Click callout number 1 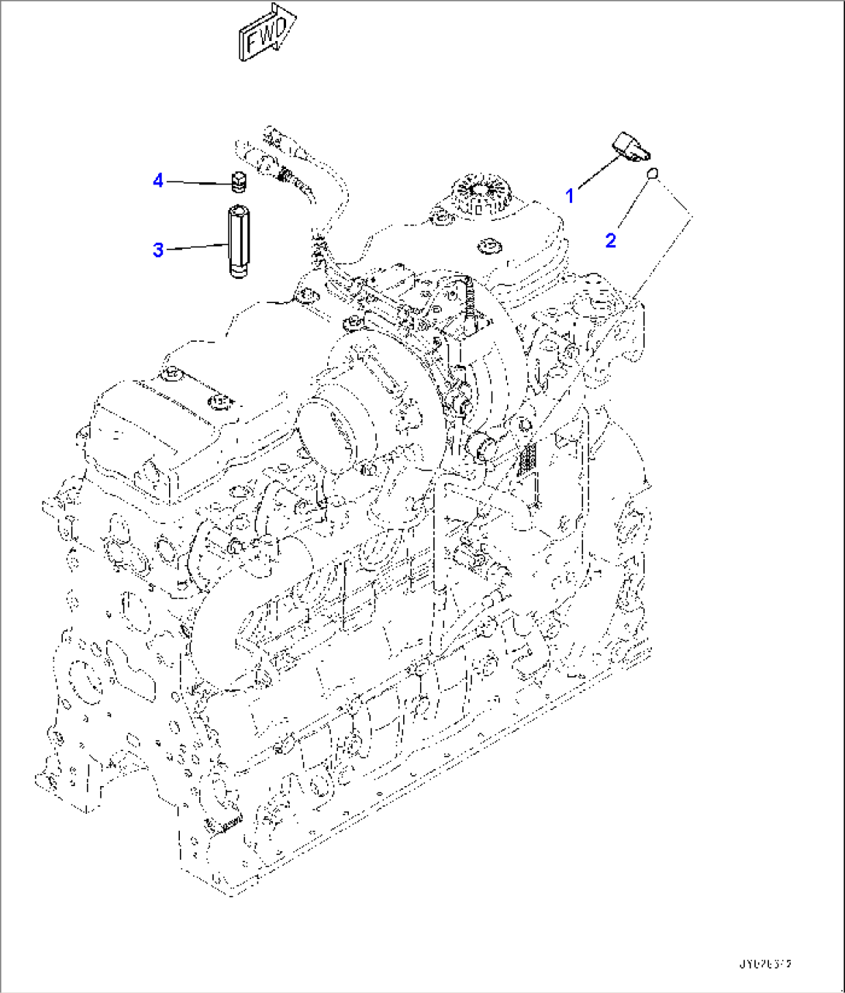(570, 196)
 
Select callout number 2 (611, 240)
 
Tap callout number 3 (158, 250)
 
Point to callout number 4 (158, 181)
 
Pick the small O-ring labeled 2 (653, 172)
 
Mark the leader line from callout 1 (597, 174)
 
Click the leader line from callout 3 (198, 247)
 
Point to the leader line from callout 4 (198, 183)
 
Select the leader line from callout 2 (633, 206)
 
